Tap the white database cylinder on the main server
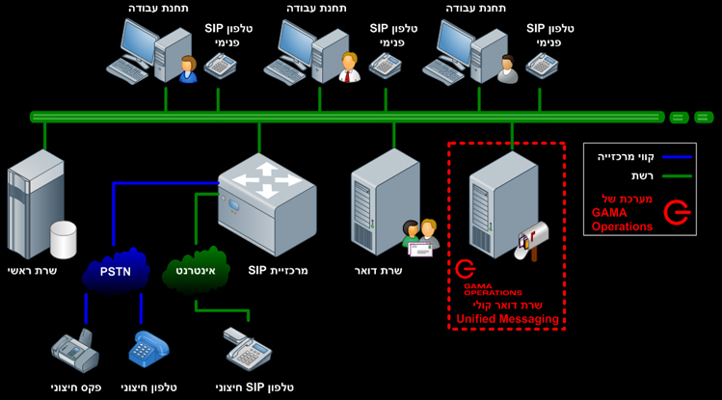(63, 238)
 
